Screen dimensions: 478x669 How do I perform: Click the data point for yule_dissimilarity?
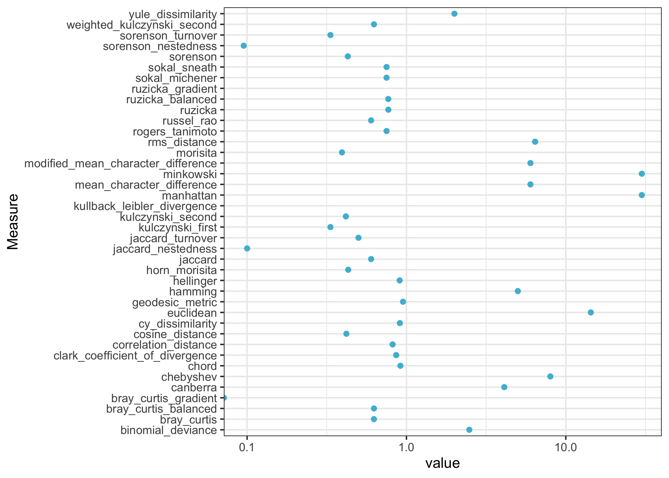454,14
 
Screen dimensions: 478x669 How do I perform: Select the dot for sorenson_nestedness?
244,46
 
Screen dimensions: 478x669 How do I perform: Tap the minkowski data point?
642,174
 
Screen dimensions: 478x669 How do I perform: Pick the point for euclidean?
591,312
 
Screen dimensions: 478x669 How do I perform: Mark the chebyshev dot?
550,376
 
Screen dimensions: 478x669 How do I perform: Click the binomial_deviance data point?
469,430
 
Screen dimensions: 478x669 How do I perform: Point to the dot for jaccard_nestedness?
247,249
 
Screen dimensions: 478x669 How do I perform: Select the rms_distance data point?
535,142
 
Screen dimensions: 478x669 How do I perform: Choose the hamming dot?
518,291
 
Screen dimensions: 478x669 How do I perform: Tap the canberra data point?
504,387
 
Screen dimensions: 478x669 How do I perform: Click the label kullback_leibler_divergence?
145,206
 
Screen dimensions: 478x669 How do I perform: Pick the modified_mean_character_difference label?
121,163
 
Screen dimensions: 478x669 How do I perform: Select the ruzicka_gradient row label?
174,89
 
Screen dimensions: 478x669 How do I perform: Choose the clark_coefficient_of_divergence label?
135,355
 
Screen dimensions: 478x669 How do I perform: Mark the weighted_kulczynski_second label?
141,25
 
